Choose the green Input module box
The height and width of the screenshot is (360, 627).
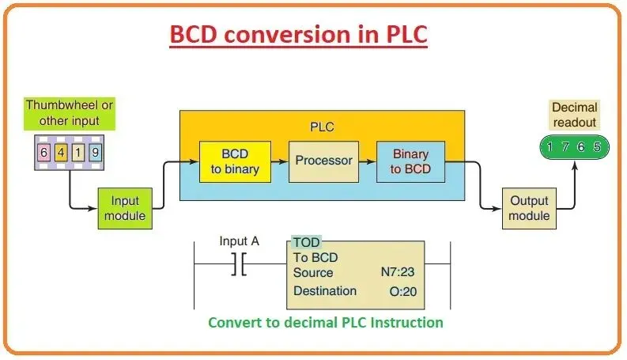123,209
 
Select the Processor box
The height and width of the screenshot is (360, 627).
323,161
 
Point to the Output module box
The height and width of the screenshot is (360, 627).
528,209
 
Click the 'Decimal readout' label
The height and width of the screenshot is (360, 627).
574,114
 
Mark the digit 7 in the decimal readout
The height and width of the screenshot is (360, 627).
565,147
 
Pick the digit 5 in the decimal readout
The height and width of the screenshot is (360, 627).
596,147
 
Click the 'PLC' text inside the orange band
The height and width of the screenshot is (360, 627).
323,126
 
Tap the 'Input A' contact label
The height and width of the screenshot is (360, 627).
239,241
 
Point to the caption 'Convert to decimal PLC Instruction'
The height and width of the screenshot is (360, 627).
325,322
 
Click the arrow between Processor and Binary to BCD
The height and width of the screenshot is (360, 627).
366,161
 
